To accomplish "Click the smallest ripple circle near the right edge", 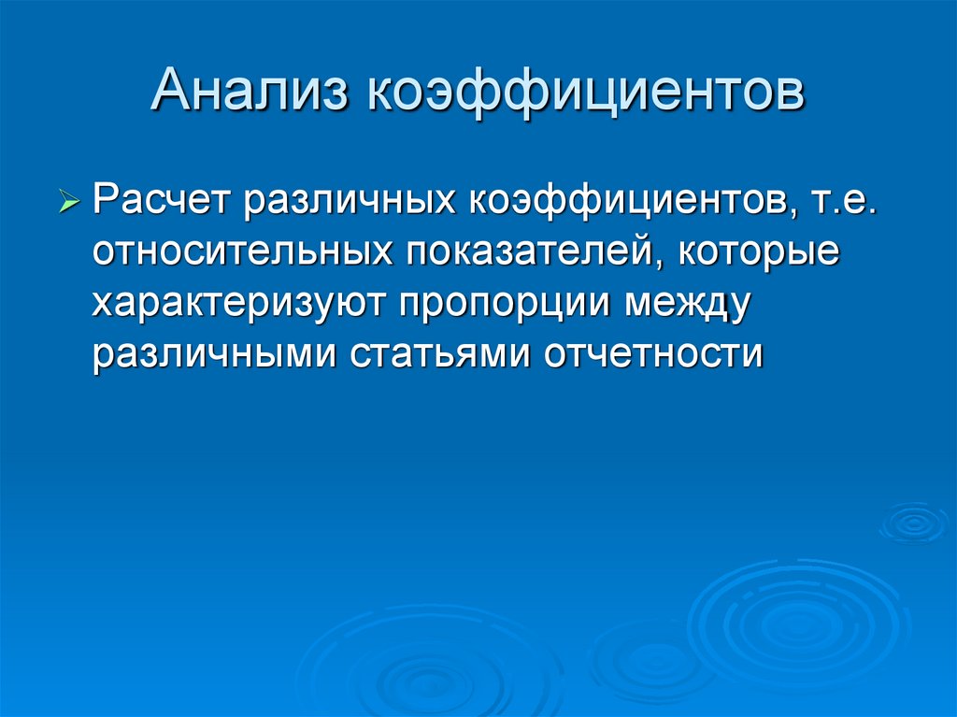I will tap(913, 522).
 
